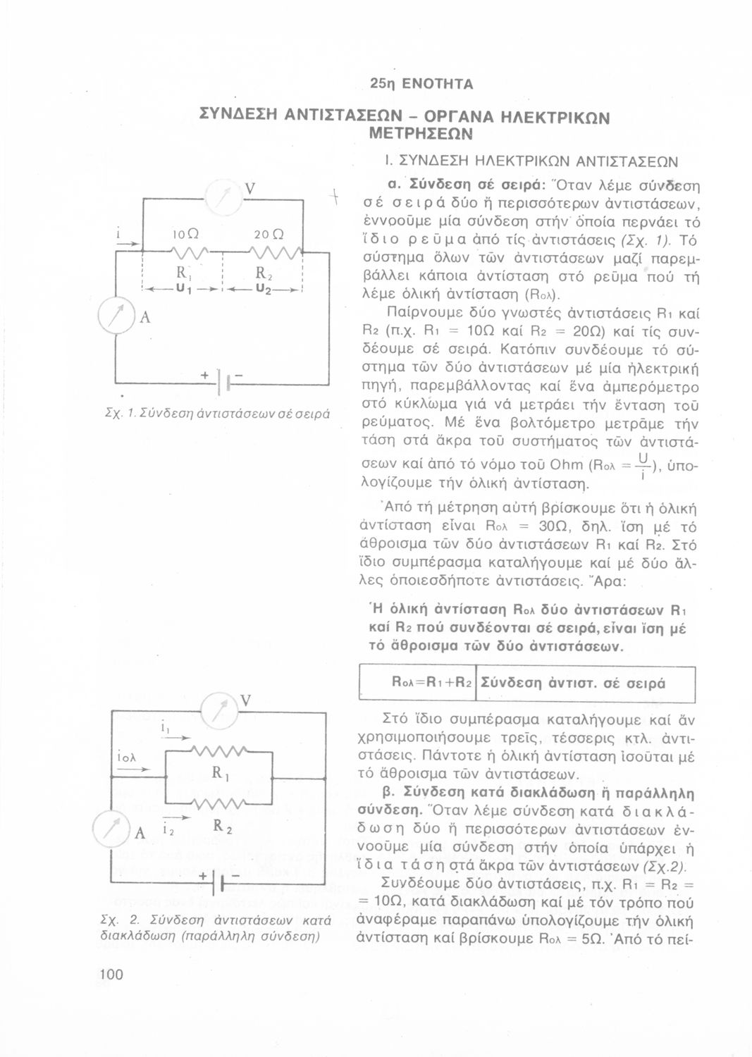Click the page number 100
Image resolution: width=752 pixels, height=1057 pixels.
pos(111,975)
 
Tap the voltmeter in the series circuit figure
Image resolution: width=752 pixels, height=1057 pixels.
pos(224,201)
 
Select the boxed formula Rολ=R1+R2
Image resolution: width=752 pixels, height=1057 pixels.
pos(430,682)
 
